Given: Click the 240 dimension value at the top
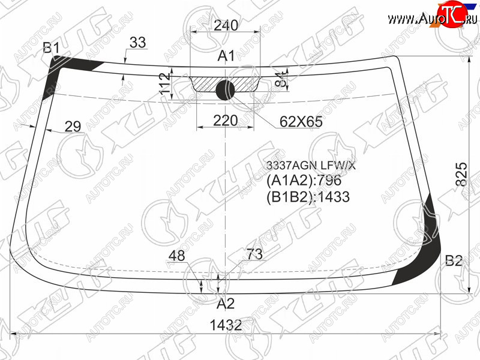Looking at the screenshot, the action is pos(226,25).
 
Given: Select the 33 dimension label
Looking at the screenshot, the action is pos(137,43).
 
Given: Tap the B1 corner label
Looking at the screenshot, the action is pos(51,48).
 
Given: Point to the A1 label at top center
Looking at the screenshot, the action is pos(226,56).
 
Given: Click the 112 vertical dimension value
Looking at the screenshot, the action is pos(165,83).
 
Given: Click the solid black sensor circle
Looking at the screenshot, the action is pos(226,91).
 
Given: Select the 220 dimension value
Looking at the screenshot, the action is pos(226,121).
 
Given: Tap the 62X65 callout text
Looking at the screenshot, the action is pos(301,122).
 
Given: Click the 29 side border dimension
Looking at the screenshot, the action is pos(73,126).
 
